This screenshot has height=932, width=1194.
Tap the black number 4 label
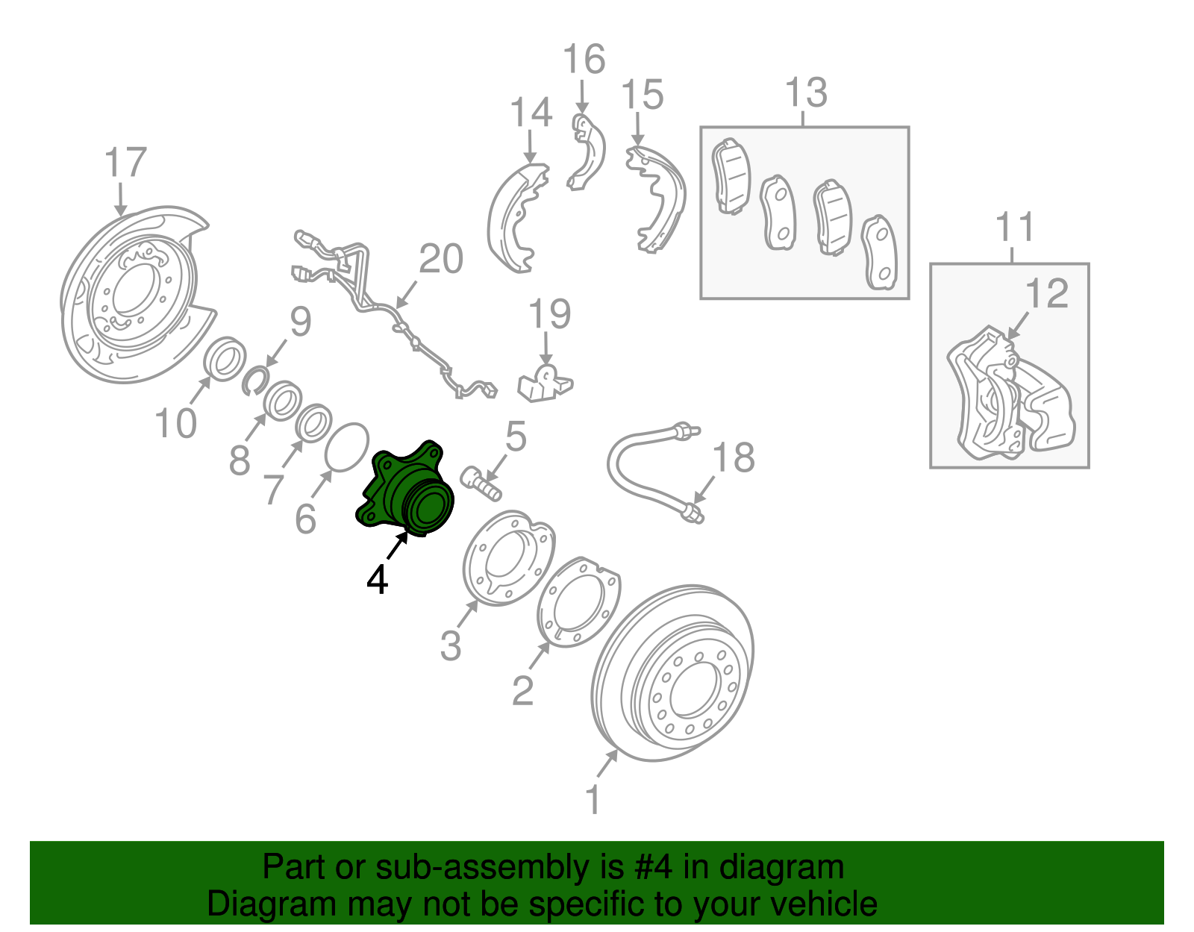coord(378,580)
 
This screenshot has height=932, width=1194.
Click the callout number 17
coord(125,163)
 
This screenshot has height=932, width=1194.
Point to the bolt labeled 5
coord(480,482)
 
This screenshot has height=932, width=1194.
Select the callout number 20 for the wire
coord(441,260)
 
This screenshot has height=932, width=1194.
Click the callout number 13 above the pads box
coord(806,93)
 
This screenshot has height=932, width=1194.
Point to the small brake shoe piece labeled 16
coord(587,153)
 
